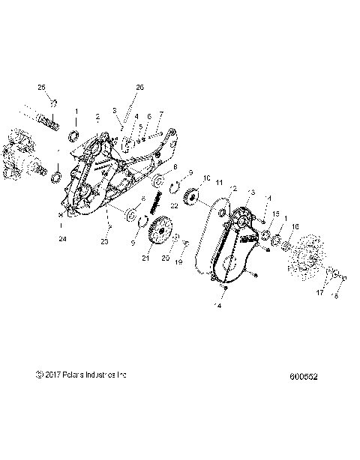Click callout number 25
42,88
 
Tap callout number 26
139,88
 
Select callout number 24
63,240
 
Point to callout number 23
105,242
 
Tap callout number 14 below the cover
219,306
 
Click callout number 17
319,292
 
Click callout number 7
160,116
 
